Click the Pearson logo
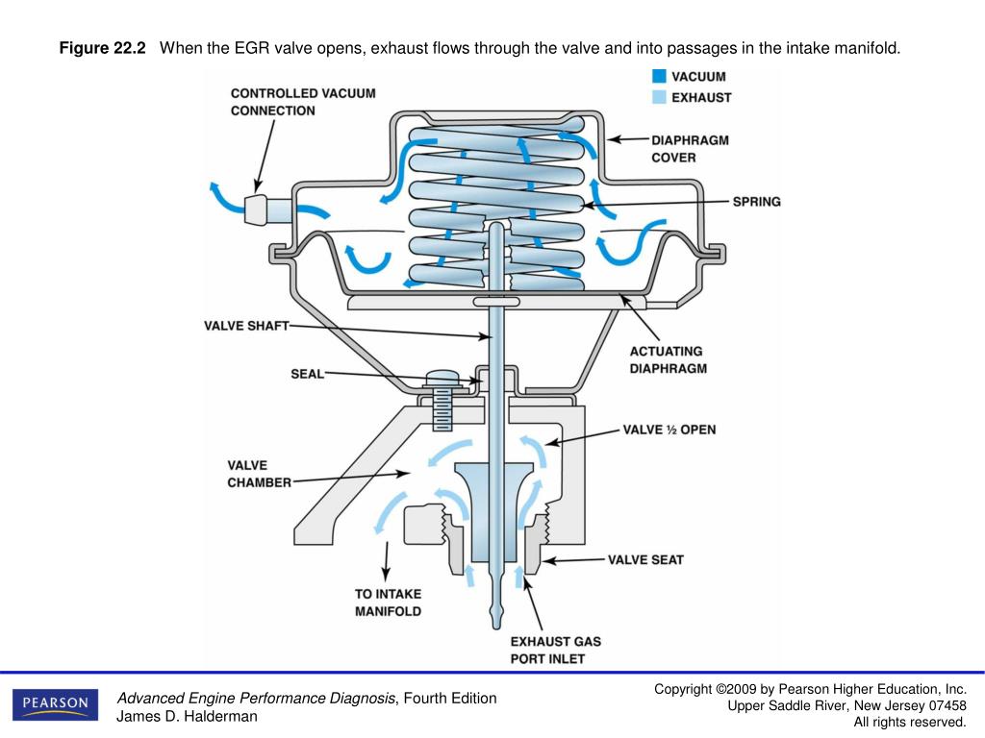coord(56,703)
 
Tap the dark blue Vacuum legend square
coord(658,76)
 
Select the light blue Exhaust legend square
coord(658,97)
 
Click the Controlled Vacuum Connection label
coord(303,102)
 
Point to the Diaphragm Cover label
coord(690,149)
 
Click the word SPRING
coord(756,202)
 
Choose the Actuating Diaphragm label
coord(668,359)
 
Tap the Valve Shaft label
coord(246,326)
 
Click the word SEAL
coord(307,374)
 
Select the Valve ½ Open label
coord(669,430)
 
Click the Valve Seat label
coord(645,559)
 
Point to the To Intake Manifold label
coord(388,603)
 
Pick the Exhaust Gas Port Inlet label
coord(557,650)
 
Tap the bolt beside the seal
coord(442,399)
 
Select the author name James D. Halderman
coord(187,716)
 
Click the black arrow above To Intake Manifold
coord(387,558)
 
